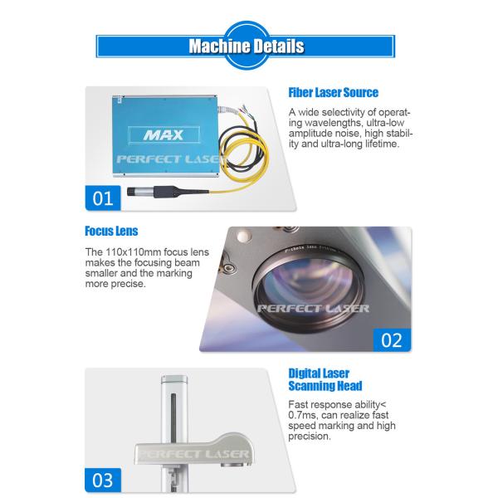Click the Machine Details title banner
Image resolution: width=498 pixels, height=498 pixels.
click(x=247, y=45)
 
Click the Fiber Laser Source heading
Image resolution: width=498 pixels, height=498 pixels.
click(x=333, y=93)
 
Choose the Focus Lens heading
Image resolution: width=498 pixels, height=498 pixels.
click(x=111, y=232)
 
